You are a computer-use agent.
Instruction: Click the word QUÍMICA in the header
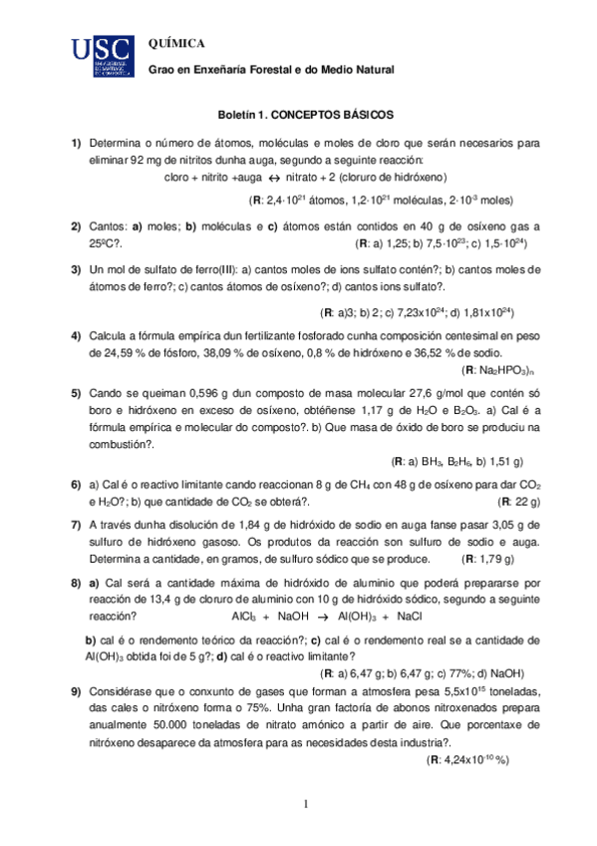pyautogui.click(x=176, y=44)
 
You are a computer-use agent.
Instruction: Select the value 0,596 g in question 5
pyautogui.click(x=198, y=392)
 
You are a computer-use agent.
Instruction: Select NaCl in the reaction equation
pyautogui.click(x=410, y=617)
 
